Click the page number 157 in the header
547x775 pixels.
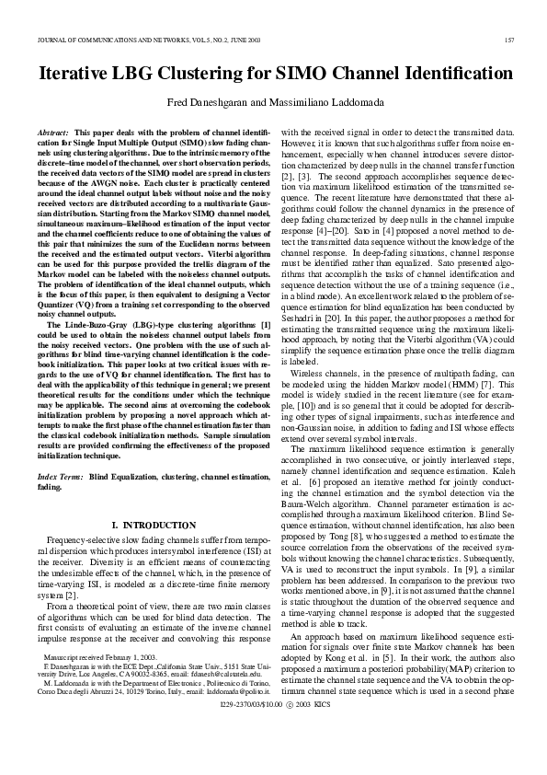click(x=508, y=40)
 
